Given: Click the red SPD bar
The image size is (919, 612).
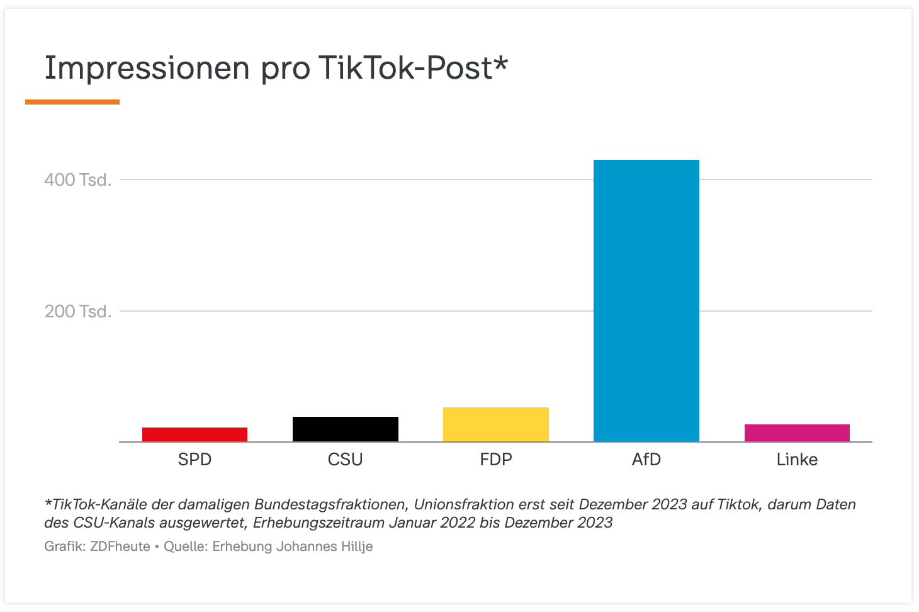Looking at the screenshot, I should [x=195, y=434].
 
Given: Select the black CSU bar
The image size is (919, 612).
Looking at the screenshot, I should [x=346, y=429].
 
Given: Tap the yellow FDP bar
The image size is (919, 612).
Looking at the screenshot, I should [x=496, y=424].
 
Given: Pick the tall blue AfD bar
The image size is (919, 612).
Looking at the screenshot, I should [x=646, y=301].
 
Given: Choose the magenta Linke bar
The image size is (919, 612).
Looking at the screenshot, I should [x=797, y=433].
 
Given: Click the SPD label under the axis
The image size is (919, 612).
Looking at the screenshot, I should [x=195, y=460].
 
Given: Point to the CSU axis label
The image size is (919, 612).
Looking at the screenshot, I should [x=346, y=460].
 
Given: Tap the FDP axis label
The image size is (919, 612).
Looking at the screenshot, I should [x=496, y=460].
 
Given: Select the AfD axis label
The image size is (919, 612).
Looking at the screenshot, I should [x=646, y=460].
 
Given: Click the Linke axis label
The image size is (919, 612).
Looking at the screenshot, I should [x=797, y=460].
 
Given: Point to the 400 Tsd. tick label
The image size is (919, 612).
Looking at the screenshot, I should [x=78, y=180].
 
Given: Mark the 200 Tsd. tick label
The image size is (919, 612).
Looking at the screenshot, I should [x=78, y=312].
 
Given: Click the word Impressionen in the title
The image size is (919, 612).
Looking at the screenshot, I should [x=147, y=68].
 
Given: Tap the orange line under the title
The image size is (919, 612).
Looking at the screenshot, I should [x=72, y=102].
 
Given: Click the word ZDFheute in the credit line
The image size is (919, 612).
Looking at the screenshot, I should [x=120, y=547].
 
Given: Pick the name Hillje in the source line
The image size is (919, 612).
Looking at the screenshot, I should [x=356, y=547].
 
